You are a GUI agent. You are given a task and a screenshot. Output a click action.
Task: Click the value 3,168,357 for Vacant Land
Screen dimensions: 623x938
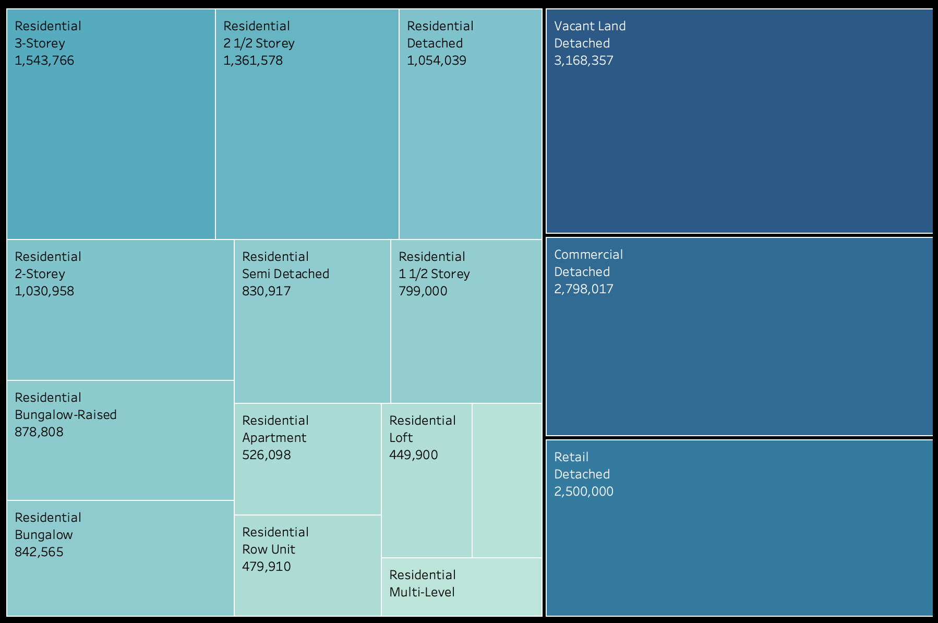583,61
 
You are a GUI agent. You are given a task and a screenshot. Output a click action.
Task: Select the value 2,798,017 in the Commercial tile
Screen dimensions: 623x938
583,289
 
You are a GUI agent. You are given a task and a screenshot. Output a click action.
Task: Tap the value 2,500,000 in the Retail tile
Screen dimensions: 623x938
583,492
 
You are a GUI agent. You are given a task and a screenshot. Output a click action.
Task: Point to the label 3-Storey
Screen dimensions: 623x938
40,43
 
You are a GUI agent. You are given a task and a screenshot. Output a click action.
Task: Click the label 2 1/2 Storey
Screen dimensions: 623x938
259,43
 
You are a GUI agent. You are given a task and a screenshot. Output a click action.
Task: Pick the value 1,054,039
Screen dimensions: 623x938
436,61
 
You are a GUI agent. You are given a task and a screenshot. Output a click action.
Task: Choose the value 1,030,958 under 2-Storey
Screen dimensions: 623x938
44,291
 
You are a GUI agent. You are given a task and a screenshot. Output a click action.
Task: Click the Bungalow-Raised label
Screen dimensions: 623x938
66,415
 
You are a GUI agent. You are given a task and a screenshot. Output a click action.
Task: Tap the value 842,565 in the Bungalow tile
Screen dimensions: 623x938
39,552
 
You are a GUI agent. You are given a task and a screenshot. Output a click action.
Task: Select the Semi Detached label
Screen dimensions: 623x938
285,274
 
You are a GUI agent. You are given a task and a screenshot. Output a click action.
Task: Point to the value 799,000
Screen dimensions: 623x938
423,291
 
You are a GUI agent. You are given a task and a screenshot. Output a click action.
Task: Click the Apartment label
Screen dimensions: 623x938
274,438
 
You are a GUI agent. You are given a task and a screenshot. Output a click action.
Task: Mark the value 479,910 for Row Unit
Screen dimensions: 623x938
266,567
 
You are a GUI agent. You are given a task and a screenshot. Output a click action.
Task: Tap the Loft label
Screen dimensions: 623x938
401,438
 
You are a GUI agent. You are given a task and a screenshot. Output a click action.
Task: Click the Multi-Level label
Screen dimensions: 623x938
422,592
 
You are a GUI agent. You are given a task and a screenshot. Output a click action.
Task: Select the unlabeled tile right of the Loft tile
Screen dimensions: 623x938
507,480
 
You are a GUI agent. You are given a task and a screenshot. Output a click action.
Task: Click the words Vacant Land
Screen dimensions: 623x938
590,26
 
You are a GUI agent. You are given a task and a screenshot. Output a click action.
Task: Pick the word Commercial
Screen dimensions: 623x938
588,255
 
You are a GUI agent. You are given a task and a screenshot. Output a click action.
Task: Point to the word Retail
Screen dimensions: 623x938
571,457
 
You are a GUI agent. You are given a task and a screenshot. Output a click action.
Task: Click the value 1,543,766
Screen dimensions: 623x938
44,61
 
